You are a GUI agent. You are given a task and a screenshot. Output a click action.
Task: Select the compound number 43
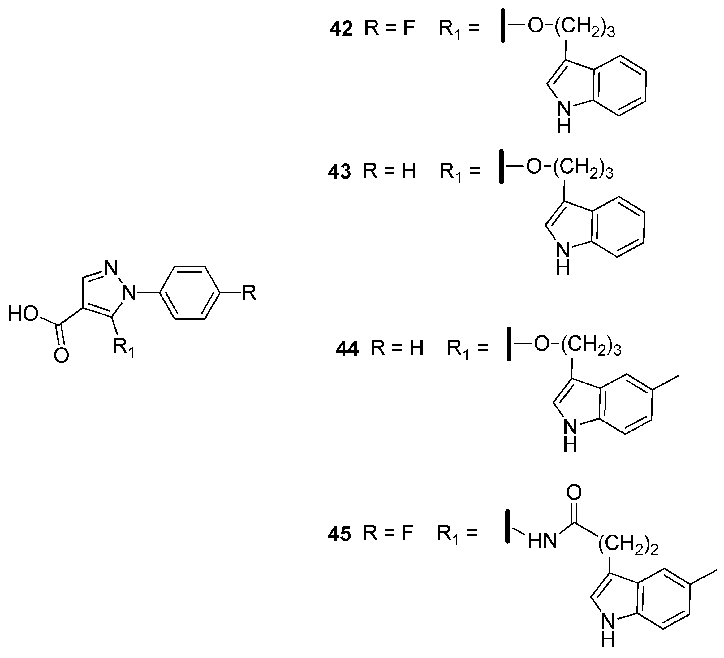339,172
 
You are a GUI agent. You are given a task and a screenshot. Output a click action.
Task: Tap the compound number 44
347,349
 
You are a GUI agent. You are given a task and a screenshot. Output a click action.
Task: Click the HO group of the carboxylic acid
23,314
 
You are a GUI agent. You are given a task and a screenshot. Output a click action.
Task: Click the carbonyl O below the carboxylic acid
61,356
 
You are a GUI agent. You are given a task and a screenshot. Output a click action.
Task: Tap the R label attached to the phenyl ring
249,293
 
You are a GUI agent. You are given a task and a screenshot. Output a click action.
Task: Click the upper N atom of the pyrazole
111,268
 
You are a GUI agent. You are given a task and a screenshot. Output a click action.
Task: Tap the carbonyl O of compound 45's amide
574,492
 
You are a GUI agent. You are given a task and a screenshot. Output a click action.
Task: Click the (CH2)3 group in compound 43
583,168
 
